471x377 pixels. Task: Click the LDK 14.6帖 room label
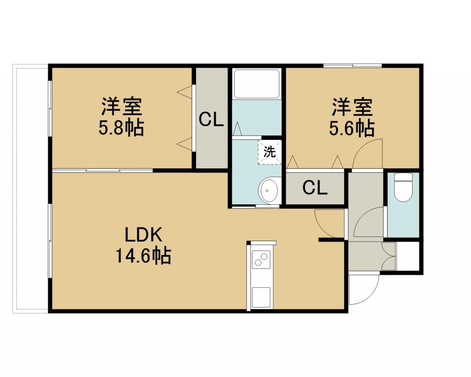pos(144,245)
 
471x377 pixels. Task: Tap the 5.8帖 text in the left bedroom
pos(121,128)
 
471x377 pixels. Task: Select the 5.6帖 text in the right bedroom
pos(352,128)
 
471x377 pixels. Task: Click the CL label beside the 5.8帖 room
pos(212,120)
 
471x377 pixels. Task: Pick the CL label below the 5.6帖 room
pos(315,188)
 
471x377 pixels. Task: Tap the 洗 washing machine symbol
pos(270,152)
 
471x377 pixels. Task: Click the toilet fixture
pos(403,187)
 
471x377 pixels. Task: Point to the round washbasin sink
pos(270,190)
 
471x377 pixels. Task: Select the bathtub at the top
pos(257,84)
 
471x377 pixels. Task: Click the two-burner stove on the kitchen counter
pos(260,259)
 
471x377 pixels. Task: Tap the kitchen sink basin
pos(261,297)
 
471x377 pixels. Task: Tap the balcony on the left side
pos(30,189)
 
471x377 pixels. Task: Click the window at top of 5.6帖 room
pos(353,65)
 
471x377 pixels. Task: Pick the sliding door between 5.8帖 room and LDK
pos(103,171)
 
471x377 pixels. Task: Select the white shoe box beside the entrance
pos(408,256)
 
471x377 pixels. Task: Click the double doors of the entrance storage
pos(389,256)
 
